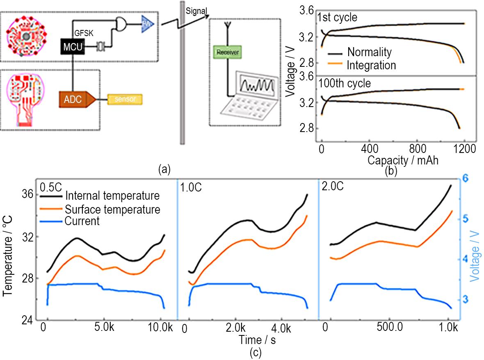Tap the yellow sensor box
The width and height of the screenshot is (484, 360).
[125, 99]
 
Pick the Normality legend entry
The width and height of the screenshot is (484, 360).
[369, 52]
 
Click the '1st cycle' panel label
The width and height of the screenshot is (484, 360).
[337, 18]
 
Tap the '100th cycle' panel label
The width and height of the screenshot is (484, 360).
[344, 83]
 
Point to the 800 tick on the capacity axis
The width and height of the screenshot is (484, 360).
[418, 147]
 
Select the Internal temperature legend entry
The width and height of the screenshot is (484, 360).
[112, 196]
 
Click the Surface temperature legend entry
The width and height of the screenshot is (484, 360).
[112, 210]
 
